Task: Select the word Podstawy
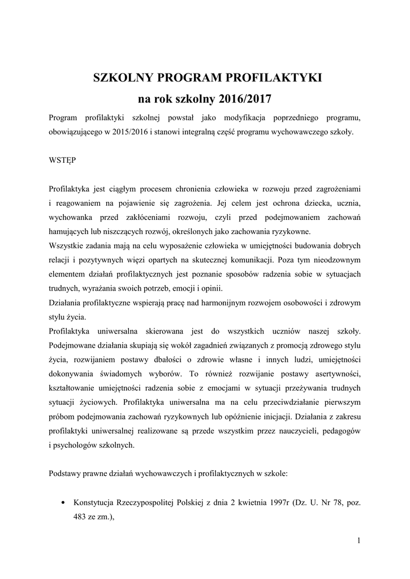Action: tap(66, 474)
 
